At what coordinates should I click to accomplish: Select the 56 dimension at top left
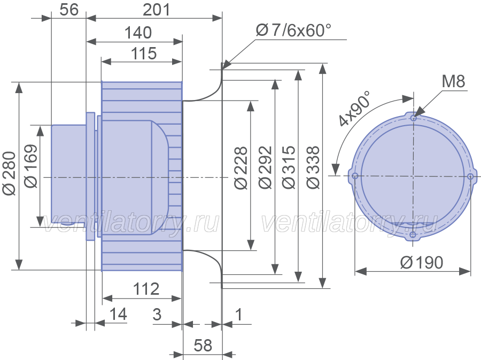click(x=69, y=10)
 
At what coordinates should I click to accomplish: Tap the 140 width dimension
click(x=138, y=33)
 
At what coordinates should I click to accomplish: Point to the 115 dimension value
click(x=144, y=53)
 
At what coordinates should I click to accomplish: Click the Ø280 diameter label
click(x=9, y=173)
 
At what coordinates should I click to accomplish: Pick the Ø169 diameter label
click(x=31, y=166)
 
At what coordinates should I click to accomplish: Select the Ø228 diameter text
click(x=241, y=167)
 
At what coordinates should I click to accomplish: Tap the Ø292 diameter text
click(x=265, y=167)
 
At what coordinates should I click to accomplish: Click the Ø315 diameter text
click(x=289, y=167)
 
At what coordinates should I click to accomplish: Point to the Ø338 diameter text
click(x=313, y=167)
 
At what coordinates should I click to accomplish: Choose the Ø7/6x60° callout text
click(x=293, y=30)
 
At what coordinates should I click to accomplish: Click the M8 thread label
click(x=453, y=81)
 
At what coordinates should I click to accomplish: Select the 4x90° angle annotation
click(x=355, y=109)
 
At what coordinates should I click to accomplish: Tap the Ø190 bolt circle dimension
click(x=422, y=263)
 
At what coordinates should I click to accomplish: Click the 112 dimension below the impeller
click(x=146, y=289)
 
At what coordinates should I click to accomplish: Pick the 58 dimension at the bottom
click(x=203, y=345)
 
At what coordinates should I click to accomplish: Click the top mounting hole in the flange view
click(x=414, y=118)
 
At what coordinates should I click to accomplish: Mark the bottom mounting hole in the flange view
click(x=413, y=235)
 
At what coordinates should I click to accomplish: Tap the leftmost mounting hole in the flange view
click(x=355, y=176)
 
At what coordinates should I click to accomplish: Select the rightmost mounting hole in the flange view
click(x=470, y=177)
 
